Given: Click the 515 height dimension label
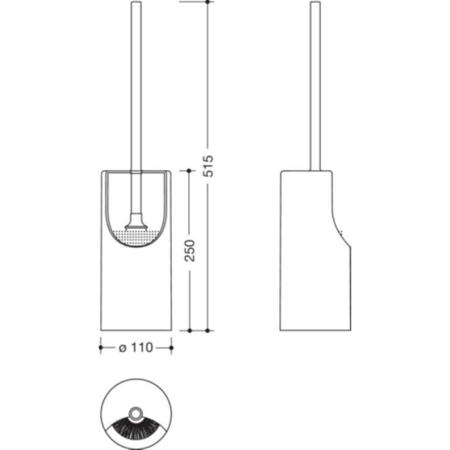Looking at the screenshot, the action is (x=208, y=166).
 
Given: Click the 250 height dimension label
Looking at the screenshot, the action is (x=189, y=250).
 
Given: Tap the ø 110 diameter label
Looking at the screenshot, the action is (x=136, y=348).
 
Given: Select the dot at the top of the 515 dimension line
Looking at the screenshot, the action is (x=208, y=2).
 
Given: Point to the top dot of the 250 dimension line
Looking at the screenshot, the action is (x=189, y=171).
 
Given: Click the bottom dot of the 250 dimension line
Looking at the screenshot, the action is (x=189, y=331).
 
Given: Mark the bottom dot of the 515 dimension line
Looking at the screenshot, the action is (x=208, y=331).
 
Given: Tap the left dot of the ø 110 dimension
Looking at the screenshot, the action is (x=101, y=348).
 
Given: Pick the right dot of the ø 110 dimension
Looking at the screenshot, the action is (x=171, y=348).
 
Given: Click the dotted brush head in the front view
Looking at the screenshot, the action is (x=136, y=238).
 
